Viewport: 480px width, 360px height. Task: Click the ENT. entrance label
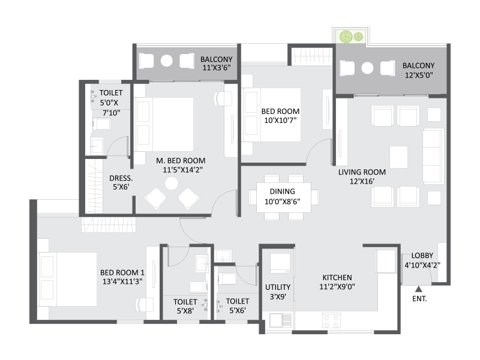[x=419, y=298]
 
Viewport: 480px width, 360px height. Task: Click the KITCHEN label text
[x=337, y=277]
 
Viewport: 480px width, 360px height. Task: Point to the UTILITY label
[x=278, y=287]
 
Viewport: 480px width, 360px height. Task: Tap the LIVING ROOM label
[x=362, y=172]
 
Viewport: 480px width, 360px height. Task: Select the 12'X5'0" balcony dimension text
[x=418, y=76]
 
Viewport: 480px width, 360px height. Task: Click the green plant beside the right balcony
[x=346, y=36]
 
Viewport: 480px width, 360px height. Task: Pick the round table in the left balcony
[x=167, y=61]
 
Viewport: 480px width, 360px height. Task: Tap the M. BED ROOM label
[x=181, y=160]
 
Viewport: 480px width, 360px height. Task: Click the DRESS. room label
[x=121, y=178]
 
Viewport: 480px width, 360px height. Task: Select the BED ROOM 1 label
[x=122, y=272]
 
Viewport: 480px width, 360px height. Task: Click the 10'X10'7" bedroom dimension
[x=280, y=121]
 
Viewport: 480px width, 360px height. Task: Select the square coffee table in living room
[x=399, y=157]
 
